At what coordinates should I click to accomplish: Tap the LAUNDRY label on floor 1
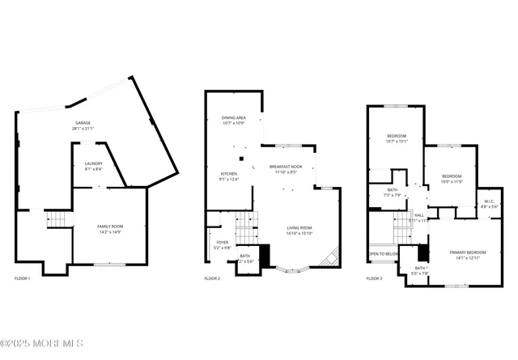click(x=94, y=166)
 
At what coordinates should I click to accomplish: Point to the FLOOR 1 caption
click(x=23, y=278)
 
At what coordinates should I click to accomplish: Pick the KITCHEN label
click(x=230, y=176)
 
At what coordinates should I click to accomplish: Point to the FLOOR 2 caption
click(x=212, y=278)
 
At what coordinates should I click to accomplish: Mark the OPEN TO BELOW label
click(x=384, y=254)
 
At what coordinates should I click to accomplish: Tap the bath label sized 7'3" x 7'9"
click(x=392, y=192)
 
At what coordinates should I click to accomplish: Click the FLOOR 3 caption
click(x=374, y=278)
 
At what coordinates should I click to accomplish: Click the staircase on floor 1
click(x=54, y=219)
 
